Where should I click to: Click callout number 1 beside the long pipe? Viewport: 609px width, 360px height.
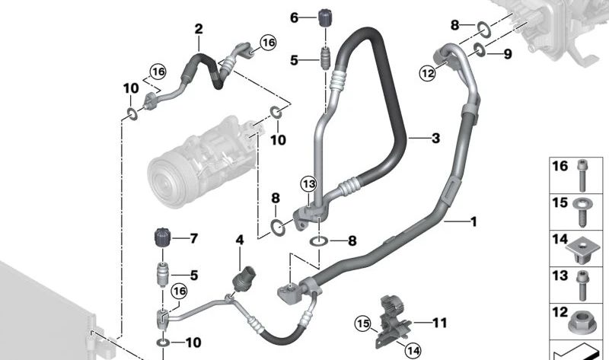coord(473,222)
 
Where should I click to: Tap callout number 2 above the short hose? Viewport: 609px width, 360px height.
coord(199,30)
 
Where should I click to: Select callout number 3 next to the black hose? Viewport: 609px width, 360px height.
coord(435,139)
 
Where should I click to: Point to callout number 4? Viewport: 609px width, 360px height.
coord(239,240)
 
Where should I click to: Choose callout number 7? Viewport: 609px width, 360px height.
coord(193,239)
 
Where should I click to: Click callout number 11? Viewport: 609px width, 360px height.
coord(440,323)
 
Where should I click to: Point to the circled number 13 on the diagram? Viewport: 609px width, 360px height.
coord(308,184)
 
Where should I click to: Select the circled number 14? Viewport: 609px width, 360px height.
coord(412,350)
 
